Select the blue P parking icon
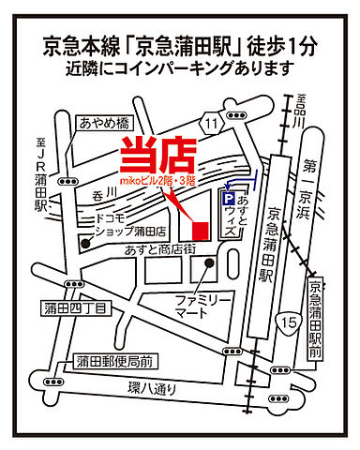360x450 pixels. pyautogui.click(x=226, y=200)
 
